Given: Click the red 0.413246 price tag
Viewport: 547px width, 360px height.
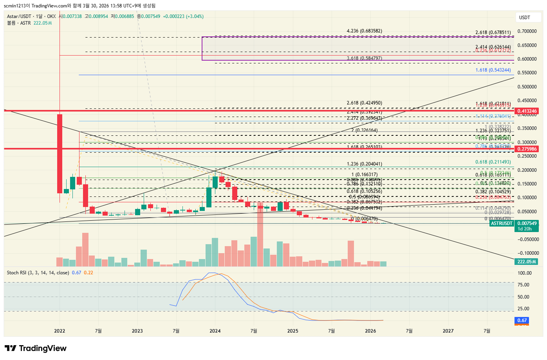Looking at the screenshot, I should [527, 111].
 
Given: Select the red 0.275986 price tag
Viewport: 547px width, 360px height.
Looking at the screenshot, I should [527, 149].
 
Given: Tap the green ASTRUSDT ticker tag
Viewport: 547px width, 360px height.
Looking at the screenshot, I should [502, 223].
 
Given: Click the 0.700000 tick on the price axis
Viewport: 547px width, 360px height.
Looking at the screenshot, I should [527, 31].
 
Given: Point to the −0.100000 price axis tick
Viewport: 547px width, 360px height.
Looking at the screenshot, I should [527, 253].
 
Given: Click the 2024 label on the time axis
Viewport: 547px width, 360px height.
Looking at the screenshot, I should [215, 331].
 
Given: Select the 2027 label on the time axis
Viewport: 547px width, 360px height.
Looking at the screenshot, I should [448, 331].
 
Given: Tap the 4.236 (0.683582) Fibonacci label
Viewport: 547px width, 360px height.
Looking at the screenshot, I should [364, 31].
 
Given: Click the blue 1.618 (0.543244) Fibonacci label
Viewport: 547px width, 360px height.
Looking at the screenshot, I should [493, 70].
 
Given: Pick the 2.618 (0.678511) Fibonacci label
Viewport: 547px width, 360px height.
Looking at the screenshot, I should [493, 33].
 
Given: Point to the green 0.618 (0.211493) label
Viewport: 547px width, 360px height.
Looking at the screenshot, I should [493, 162].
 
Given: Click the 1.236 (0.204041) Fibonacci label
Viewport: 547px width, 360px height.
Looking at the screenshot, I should [364, 164].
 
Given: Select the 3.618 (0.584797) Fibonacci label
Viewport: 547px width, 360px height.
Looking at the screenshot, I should [364, 58].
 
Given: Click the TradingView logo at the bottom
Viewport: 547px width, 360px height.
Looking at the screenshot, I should [36, 348].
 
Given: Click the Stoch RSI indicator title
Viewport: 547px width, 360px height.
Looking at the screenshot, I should [38, 273].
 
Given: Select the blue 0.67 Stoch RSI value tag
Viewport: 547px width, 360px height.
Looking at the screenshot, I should [522, 320].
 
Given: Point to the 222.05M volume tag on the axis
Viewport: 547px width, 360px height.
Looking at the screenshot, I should [527, 262].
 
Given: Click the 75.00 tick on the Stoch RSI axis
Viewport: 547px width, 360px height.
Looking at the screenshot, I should [524, 285].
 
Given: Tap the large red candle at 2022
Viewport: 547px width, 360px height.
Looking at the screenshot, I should [60, 153].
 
